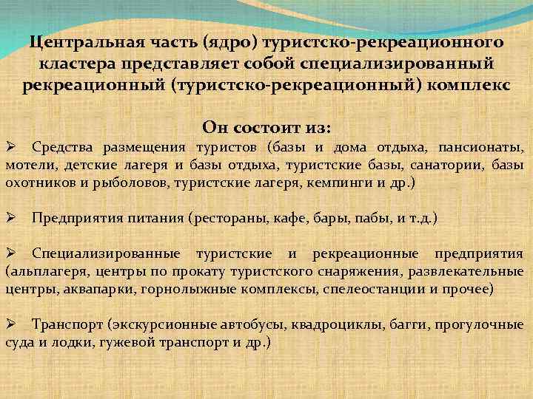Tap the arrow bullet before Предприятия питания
[10, 218]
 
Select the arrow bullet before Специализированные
[10, 254]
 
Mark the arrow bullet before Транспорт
[10, 325]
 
